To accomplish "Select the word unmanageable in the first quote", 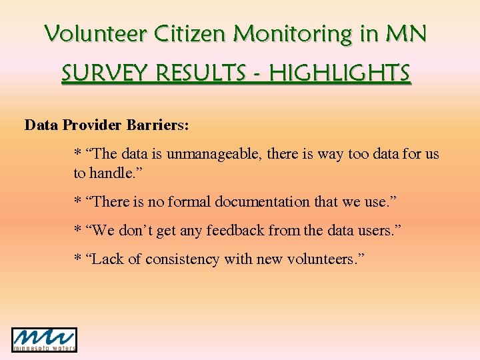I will pyautogui.click(x=214, y=154).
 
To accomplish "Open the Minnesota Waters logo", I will pyautogui.click(x=44, y=339).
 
